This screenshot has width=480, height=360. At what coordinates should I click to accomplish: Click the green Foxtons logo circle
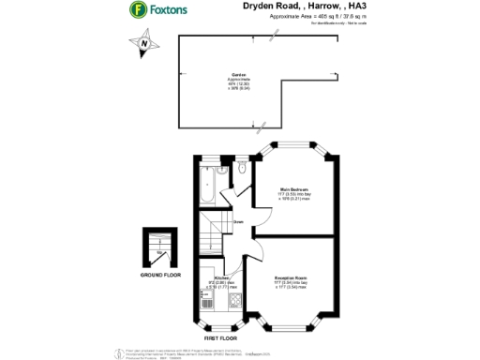[139, 10]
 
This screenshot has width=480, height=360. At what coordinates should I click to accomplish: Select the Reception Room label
[293, 278]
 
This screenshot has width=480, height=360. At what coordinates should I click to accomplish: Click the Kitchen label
[221, 278]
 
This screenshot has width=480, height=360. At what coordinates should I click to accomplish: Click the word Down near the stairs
[239, 221]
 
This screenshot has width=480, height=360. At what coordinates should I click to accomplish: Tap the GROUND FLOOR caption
[160, 275]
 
